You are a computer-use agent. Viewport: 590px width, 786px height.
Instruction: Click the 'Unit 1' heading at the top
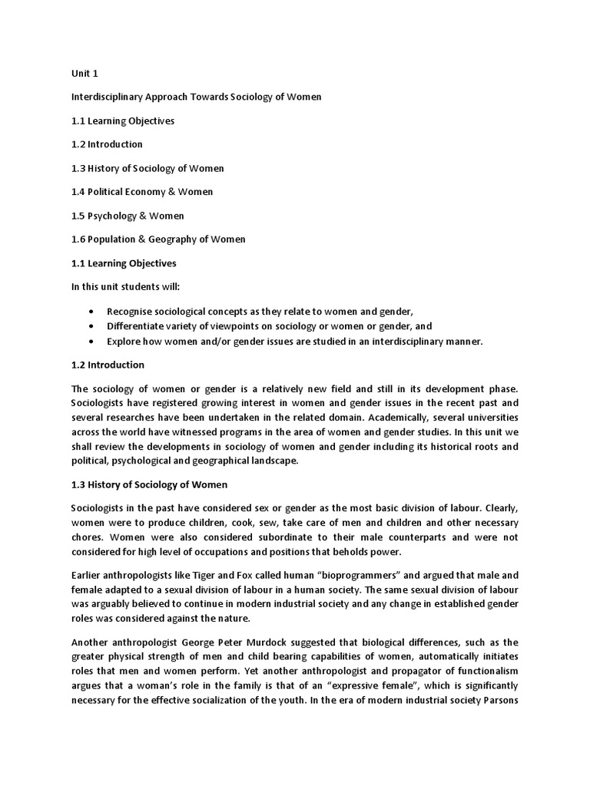[x=85, y=74]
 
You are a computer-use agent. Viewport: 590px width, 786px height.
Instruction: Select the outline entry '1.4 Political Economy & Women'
[x=141, y=192]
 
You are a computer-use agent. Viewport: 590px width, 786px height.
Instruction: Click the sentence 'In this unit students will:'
[x=124, y=286]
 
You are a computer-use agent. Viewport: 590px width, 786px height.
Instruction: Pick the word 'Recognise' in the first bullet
[x=131, y=311]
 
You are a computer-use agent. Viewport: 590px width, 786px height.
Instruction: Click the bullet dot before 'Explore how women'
[x=92, y=342]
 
